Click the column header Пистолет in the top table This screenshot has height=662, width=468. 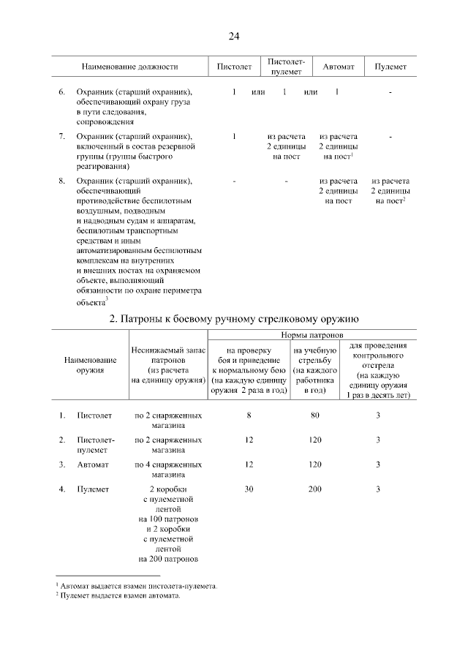234,67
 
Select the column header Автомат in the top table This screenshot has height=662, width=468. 339,67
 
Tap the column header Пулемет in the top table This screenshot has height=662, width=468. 390,67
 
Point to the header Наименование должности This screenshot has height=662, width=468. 129,67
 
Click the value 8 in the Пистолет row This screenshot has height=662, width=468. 249,415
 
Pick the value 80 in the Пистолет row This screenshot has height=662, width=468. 314,415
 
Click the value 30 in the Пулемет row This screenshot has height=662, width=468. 249,489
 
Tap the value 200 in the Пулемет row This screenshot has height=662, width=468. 314,489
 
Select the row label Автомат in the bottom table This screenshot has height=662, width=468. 93,464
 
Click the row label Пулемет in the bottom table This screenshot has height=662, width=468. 94,489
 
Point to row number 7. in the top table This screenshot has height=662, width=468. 62,137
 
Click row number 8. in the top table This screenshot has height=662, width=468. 62,181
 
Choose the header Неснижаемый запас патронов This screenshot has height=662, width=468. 168,365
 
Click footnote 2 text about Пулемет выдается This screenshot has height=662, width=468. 120,595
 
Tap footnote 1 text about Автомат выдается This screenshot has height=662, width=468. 139,586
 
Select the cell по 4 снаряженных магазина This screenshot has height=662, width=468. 168,470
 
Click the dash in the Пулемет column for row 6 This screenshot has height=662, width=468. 390,93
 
